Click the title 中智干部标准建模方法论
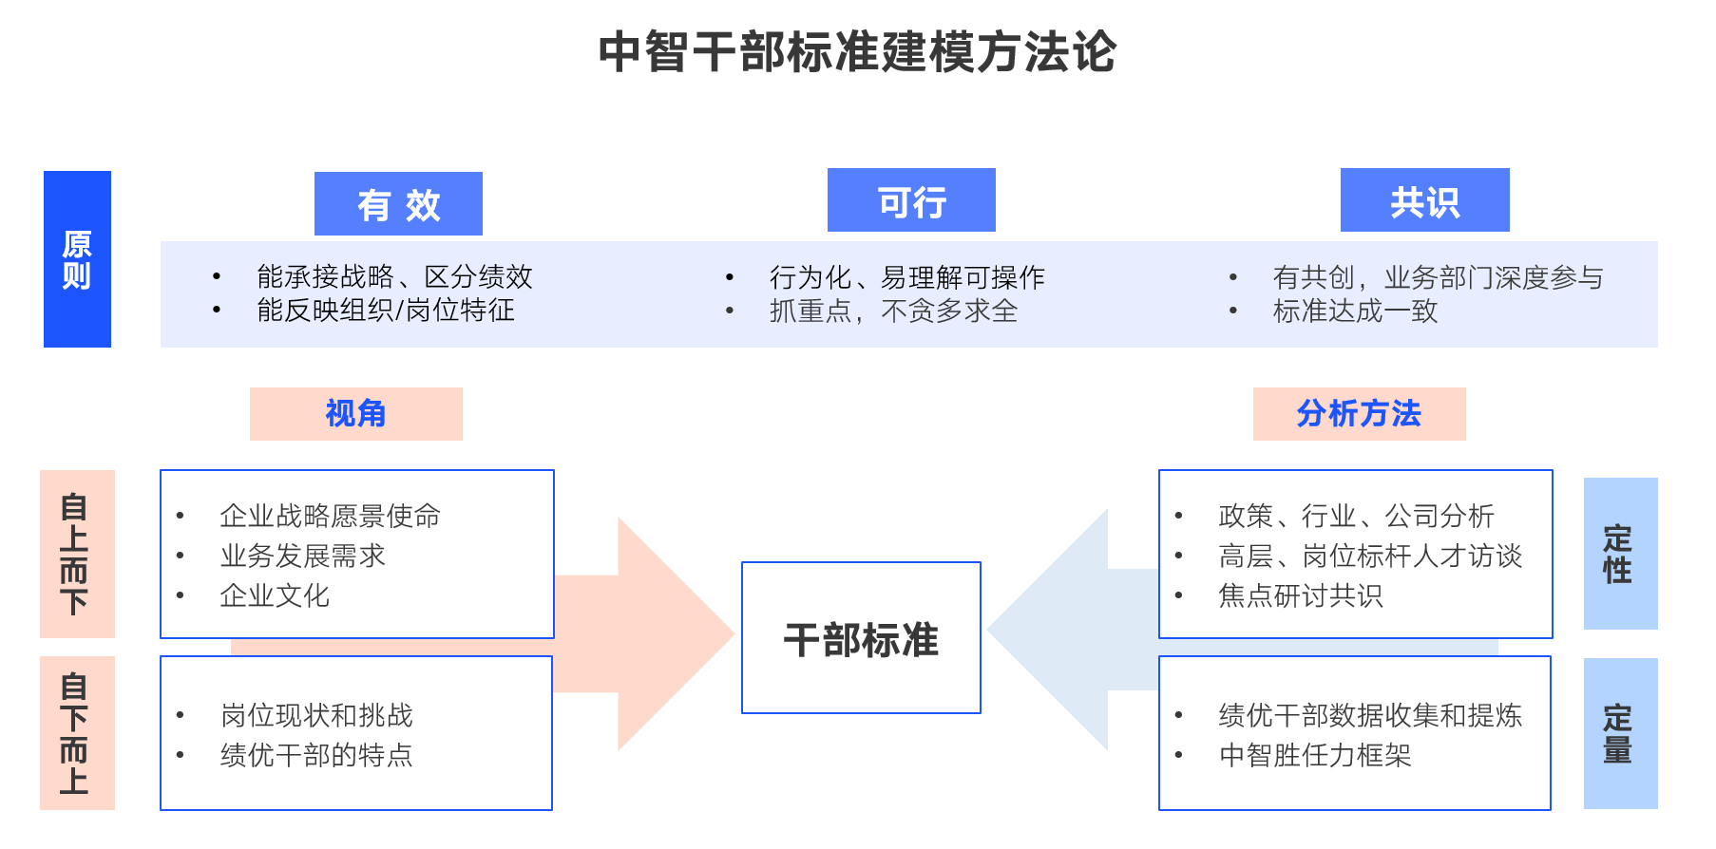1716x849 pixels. [857, 52]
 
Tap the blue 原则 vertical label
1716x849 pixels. [77, 259]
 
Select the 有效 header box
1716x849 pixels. [398, 204]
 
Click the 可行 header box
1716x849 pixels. [911, 201]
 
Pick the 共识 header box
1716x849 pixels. [1424, 201]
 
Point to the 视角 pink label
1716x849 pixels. [355, 414]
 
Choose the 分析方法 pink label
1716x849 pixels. [1359, 414]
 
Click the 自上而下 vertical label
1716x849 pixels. [76, 554]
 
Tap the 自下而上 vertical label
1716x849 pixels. [76, 732]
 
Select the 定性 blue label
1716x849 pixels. [1619, 554]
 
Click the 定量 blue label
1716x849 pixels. [1619, 733]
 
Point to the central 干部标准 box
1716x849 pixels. [861, 638]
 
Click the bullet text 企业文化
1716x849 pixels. [275, 595]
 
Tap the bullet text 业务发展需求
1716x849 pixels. [303, 556]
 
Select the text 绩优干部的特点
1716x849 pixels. [316, 755]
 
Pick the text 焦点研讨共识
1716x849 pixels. [1301, 595]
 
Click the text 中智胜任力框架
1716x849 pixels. [1315, 755]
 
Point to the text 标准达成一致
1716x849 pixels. [1355, 311]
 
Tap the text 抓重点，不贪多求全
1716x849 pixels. [893, 311]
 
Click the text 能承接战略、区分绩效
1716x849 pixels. [394, 276]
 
